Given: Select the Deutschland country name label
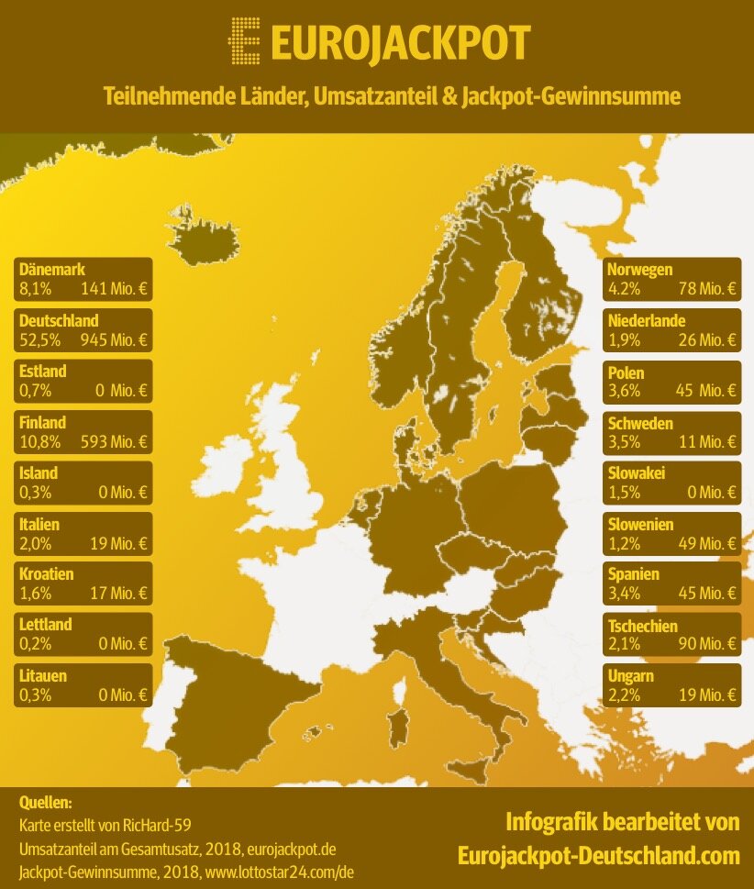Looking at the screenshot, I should pos(59,321).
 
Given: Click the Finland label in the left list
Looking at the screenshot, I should pos(42,423).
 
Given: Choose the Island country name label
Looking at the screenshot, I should pos(39,473).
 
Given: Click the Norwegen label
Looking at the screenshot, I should pos(640,271).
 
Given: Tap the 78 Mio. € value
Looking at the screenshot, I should pos(707,289).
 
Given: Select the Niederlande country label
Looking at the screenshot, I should pos(646,321).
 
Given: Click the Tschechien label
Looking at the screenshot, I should pos(643,626).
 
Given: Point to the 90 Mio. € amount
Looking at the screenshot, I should pos(707,644).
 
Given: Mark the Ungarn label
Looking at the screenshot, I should pos(631,677).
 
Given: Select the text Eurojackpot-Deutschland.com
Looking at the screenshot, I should pos(598,855).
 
